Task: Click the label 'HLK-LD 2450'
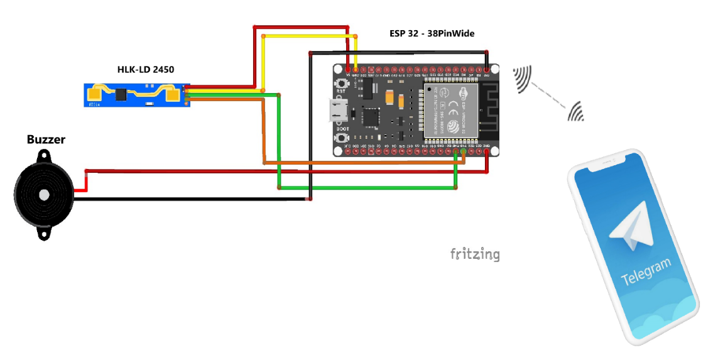click(x=146, y=69)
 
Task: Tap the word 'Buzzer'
click(x=46, y=139)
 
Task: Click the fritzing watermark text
click(x=475, y=254)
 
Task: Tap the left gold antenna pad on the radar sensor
click(x=95, y=94)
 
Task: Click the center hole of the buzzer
click(x=44, y=195)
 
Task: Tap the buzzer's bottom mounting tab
click(x=44, y=234)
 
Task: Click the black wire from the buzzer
click(x=188, y=199)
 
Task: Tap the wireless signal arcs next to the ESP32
click(x=523, y=79)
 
